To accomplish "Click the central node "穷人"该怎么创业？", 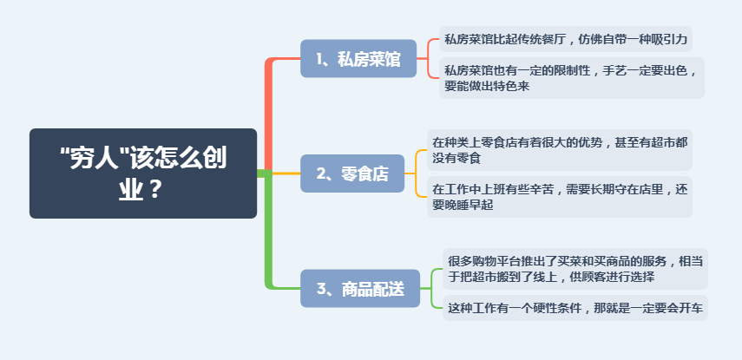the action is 143,173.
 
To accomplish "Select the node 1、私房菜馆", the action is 358,59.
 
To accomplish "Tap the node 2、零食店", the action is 352,173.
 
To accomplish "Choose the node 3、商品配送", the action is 360,288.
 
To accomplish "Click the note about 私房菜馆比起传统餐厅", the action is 566,39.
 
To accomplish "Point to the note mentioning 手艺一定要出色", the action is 572,78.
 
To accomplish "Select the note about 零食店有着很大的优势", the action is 560,150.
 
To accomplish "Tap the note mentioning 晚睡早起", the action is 560,197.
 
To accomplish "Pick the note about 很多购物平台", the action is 575,269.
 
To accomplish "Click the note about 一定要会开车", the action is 575,308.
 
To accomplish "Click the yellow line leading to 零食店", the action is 286,173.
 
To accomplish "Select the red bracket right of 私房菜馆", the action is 428,59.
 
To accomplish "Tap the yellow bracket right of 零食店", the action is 416,173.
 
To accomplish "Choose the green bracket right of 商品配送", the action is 431,288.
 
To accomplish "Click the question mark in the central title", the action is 156,191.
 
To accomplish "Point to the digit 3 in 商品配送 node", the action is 322,289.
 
